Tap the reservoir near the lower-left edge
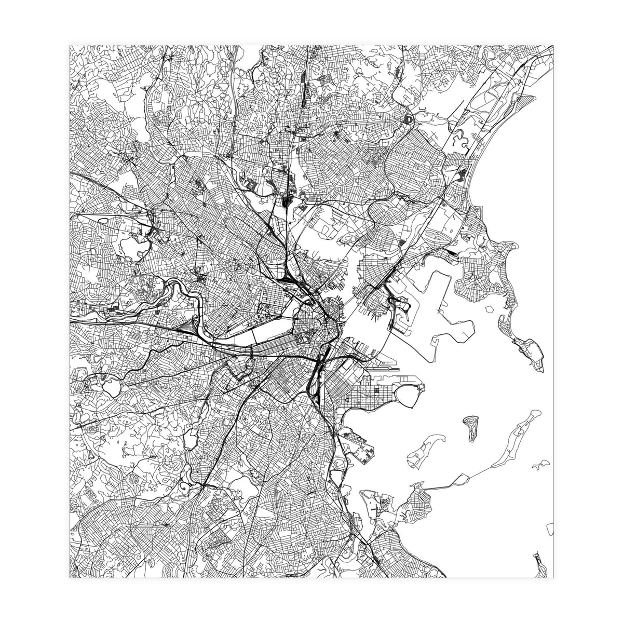tap(110, 387)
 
